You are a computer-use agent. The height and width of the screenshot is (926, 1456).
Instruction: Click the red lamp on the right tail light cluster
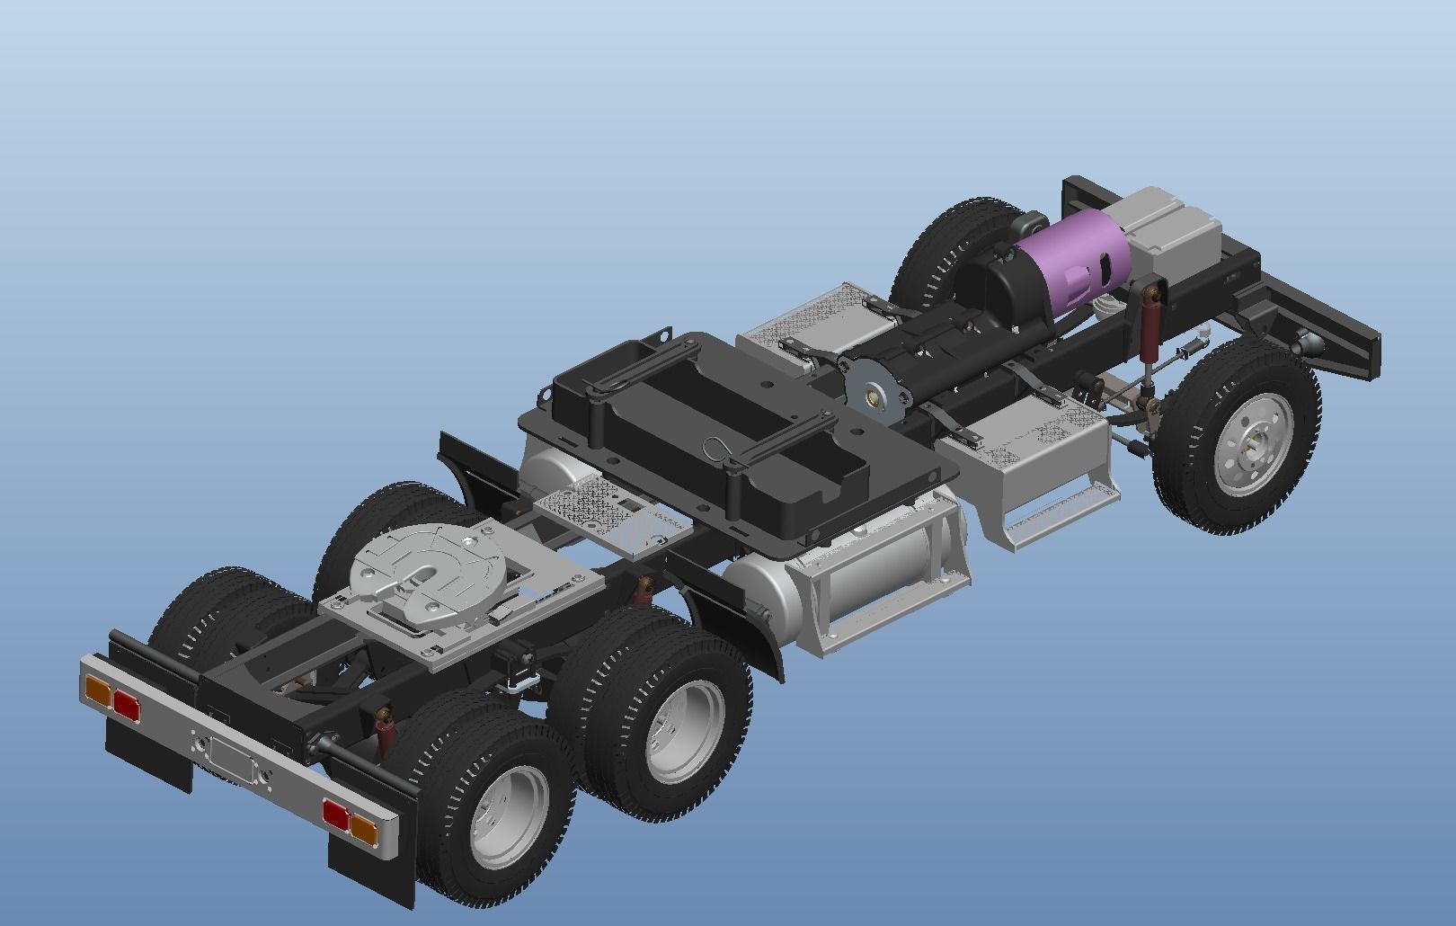point(334,815)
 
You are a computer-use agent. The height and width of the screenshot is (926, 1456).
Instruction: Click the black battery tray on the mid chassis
point(710,423)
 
